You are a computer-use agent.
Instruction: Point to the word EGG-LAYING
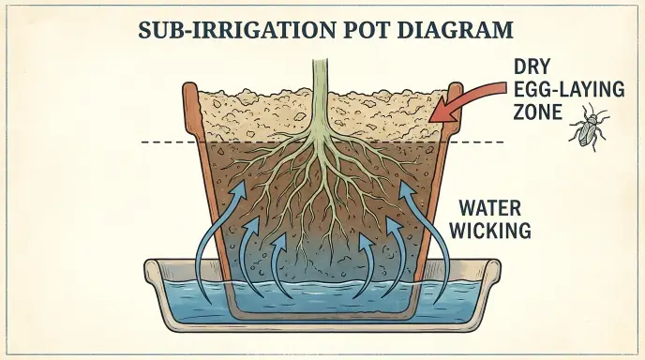[569, 89]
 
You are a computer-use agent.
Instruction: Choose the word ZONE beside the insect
[537, 112]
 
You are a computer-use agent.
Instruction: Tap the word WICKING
[490, 231]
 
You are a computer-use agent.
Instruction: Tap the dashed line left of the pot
[169, 142]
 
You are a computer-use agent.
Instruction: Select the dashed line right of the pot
[476, 142]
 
